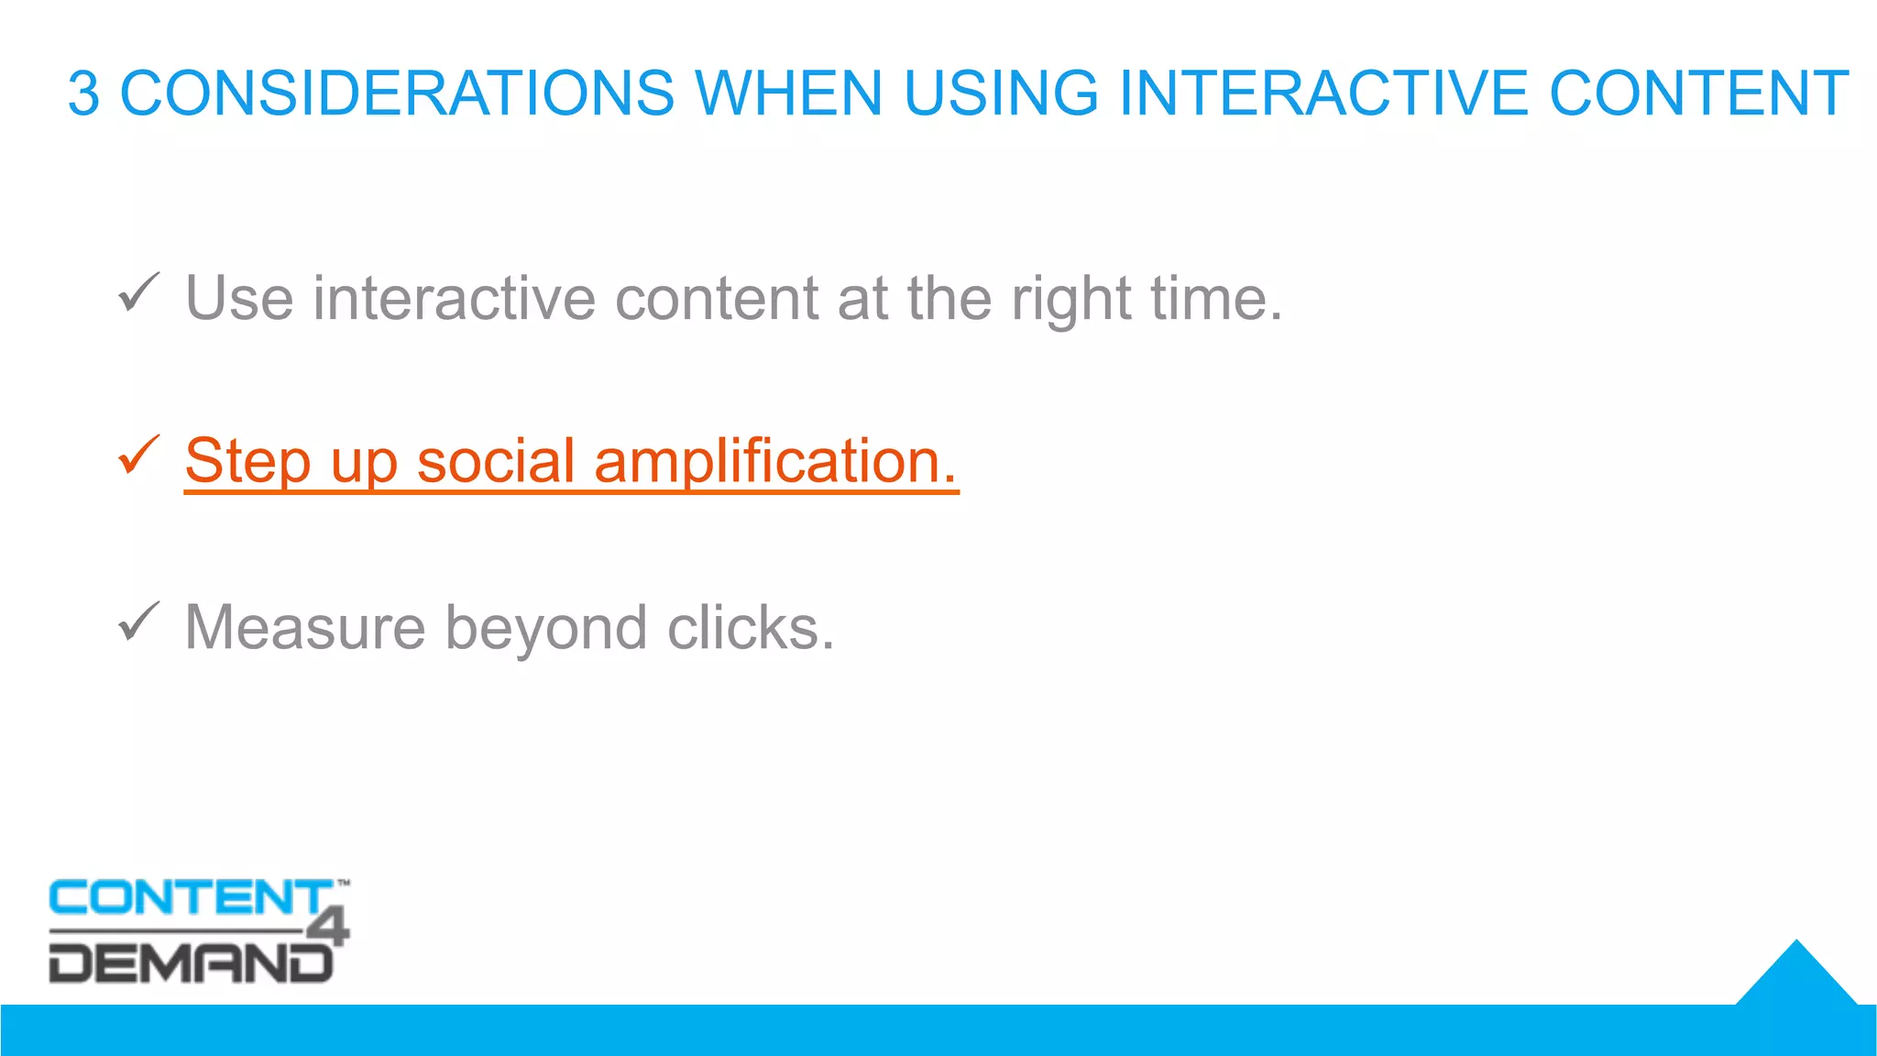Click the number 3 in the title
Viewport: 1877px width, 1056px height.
click(83, 93)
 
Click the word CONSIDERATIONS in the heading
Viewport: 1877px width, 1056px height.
click(398, 93)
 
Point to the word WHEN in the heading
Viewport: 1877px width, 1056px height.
click(788, 93)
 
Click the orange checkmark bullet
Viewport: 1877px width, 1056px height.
click(138, 456)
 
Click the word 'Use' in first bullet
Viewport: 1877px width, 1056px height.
click(239, 298)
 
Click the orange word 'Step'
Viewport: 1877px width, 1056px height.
click(247, 461)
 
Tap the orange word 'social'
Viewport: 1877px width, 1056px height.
click(496, 460)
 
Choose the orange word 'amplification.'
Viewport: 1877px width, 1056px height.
click(775, 461)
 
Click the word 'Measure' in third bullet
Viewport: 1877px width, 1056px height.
click(305, 628)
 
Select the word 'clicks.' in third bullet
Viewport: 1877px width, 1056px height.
click(751, 628)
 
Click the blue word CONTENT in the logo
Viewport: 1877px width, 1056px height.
click(188, 897)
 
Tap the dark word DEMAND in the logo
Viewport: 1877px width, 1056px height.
click(188, 963)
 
